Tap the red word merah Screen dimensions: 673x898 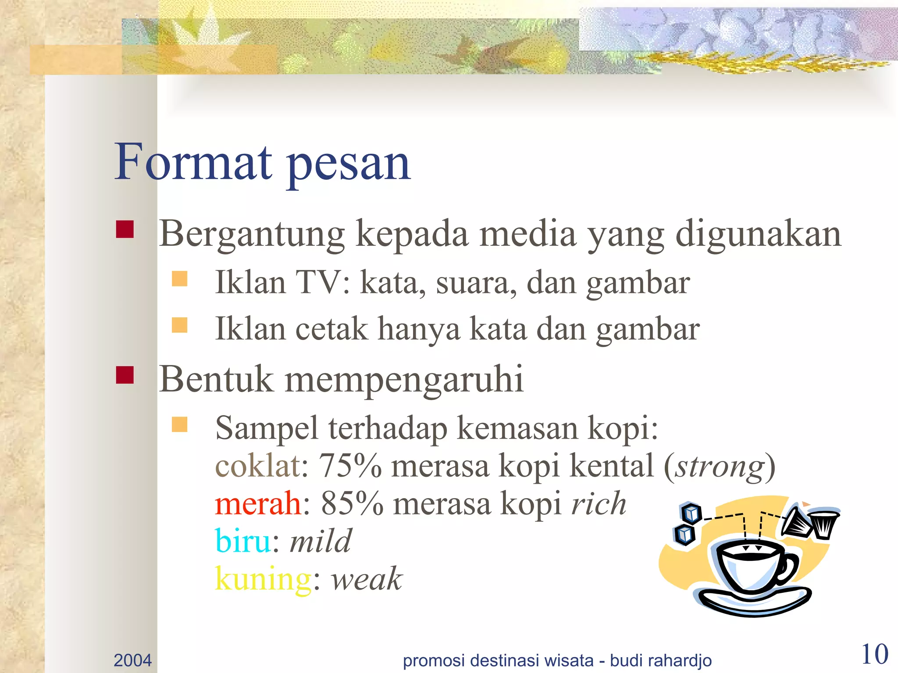[x=257, y=504]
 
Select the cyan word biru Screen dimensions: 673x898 [x=242, y=542]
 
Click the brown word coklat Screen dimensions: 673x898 [x=257, y=466]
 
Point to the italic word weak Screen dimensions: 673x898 [x=367, y=579]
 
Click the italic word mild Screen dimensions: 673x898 [x=321, y=542]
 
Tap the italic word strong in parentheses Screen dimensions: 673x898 [x=720, y=467]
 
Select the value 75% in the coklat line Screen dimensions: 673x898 [x=350, y=466]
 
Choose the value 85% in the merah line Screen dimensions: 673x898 [x=352, y=504]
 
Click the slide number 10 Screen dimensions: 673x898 [x=875, y=655]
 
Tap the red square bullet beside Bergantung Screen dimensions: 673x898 [x=125, y=229]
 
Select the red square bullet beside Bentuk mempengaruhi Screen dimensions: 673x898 [x=125, y=375]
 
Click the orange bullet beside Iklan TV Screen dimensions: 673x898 [x=180, y=279]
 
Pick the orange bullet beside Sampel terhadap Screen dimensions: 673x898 [x=180, y=424]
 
